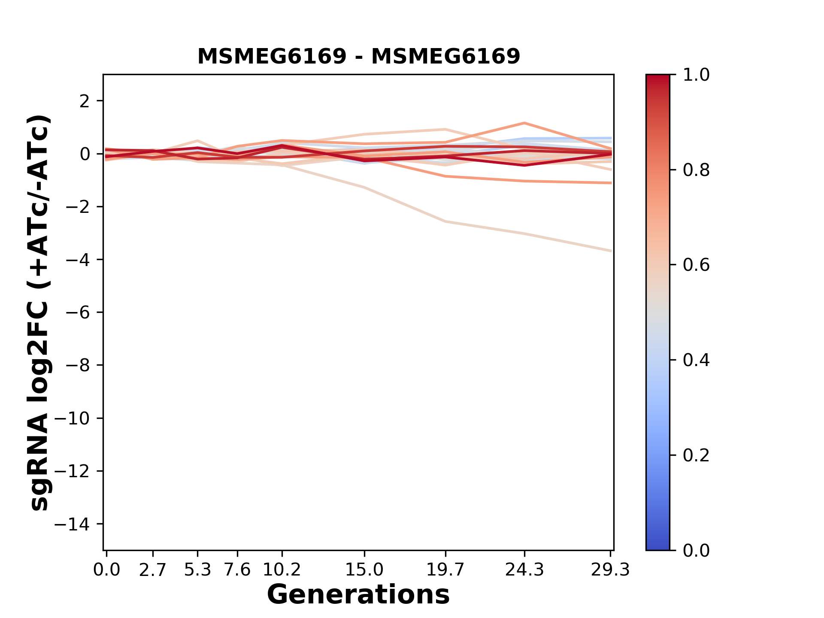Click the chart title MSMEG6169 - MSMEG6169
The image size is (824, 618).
pos(358,56)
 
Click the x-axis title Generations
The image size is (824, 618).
pos(358,595)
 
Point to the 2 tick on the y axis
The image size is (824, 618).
pos(85,101)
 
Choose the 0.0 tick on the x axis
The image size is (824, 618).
pos(106,570)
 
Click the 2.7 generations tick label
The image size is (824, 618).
pos(153,570)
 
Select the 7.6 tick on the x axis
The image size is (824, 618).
pos(237,570)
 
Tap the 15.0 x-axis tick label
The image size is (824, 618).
pos(364,570)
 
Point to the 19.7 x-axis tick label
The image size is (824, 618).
pos(445,570)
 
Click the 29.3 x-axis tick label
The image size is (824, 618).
pos(610,570)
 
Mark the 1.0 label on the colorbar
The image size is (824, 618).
pos(696,75)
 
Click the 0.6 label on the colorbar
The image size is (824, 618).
pos(696,265)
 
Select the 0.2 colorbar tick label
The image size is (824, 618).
pos(696,455)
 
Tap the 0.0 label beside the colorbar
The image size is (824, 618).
pos(696,551)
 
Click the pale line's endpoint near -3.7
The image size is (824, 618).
pos(611,251)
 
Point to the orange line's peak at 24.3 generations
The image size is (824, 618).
pos(524,123)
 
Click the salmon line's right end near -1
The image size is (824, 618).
pos(611,183)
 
